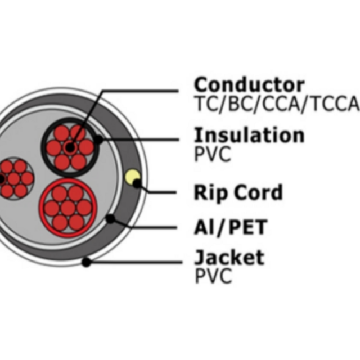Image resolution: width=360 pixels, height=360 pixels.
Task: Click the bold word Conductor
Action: [x=249, y=84]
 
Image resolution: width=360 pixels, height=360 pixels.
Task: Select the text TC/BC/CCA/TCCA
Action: [x=277, y=103]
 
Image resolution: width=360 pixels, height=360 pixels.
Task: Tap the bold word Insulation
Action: [x=249, y=135]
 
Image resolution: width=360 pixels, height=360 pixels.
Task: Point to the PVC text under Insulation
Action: [x=213, y=154]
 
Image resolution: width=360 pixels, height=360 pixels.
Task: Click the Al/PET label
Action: [x=231, y=227]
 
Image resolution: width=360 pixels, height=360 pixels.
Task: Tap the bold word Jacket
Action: [x=229, y=258]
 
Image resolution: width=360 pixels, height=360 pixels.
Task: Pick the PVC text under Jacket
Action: [x=213, y=276]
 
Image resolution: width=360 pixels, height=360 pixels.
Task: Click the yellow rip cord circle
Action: [x=132, y=177]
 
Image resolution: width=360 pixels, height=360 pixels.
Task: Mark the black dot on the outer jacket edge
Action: [x=86, y=262]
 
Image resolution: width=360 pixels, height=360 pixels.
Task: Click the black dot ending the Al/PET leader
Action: [x=110, y=219]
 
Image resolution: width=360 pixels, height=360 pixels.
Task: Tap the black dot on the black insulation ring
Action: [x=98, y=139]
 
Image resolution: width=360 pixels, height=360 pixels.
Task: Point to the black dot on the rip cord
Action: [x=137, y=184]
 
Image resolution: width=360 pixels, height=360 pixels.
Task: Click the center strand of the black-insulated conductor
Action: [x=70, y=147]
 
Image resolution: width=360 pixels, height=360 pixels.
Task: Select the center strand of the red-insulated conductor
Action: [x=68, y=209]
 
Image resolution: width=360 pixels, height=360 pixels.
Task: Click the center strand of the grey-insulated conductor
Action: [x=13, y=178]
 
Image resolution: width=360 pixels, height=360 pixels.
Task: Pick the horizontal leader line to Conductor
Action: [x=140, y=91]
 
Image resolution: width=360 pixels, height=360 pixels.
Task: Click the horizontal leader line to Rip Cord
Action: [x=162, y=192]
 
